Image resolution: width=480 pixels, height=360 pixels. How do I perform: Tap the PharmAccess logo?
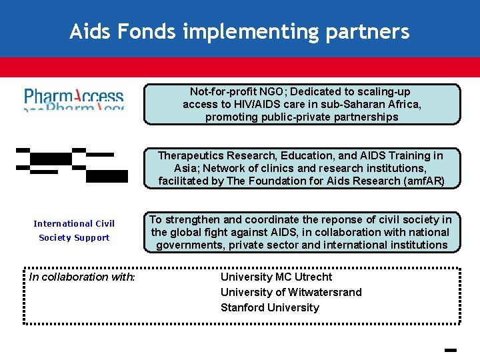(x=74, y=99)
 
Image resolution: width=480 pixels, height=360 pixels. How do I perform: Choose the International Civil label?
(x=74, y=224)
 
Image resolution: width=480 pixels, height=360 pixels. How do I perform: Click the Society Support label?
(x=74, y=238)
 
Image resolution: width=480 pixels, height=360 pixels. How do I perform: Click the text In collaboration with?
(x=82, y=277)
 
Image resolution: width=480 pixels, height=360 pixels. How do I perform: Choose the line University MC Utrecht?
(x=276, y=277)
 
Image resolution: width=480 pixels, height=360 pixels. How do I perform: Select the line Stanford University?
(x=269, y=307)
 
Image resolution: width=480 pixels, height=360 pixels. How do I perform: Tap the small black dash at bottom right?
(x=449, y=349)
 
